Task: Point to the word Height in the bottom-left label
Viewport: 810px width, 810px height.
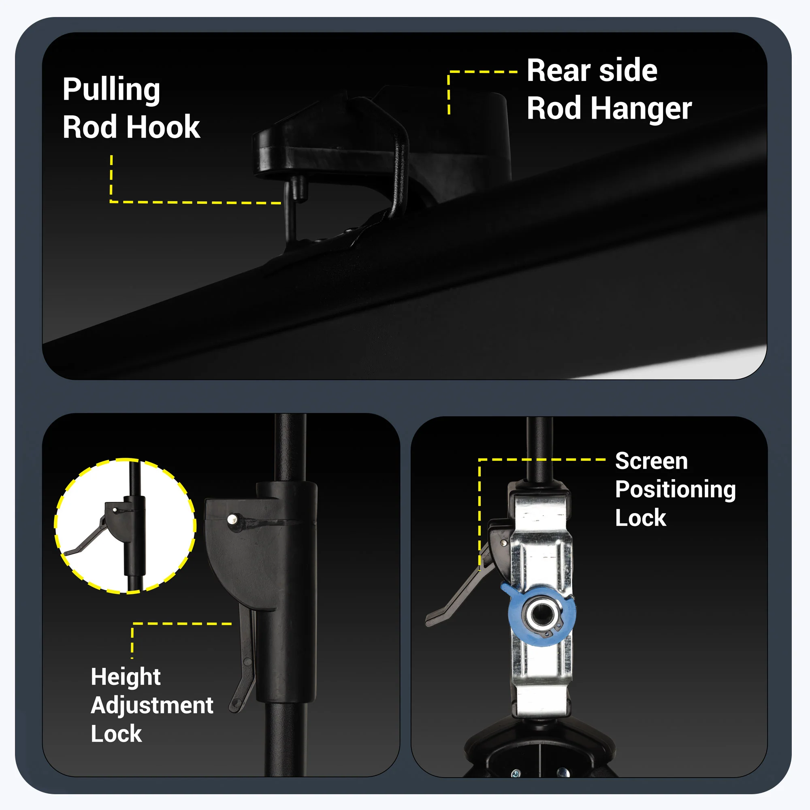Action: click(126, 677)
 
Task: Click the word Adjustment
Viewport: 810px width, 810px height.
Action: click(152, 706)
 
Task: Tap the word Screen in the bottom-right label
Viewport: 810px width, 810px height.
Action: click(652, 461)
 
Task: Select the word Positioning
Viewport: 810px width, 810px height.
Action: click(676, 489)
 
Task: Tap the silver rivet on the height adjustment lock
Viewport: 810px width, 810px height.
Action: click(232, 520)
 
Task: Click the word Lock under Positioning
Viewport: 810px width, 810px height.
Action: click(641, 518)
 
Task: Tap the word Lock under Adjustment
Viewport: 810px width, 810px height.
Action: click(117, 734)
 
